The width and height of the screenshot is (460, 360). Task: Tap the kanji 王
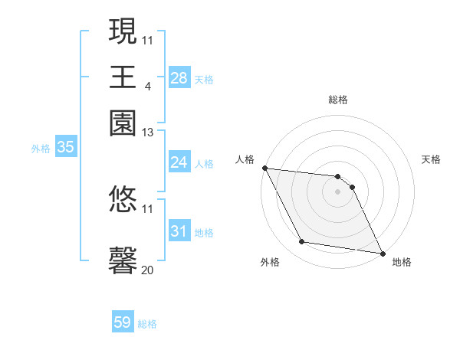click(x=123, y=77)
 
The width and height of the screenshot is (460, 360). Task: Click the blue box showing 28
click(x=179, y=77)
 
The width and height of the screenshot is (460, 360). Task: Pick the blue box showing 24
click(x=179, y=162)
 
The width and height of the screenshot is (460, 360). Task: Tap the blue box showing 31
click(x=179, y=231)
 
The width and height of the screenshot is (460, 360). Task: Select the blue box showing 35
click(x=65, y=148)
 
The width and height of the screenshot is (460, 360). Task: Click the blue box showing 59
click(x=123, y=322)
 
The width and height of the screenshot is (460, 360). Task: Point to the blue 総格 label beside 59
click(x=147, y=324)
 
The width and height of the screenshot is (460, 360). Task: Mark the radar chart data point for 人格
click(x=264, y=168)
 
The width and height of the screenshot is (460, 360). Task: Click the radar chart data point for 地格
click(x=382, y=252)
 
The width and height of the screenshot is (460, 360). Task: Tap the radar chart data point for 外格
click(x=302, y=242)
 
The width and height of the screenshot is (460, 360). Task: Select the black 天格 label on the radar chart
click(x=431, y=159)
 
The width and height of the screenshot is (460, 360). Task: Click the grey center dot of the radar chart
click(x=337, y=191)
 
